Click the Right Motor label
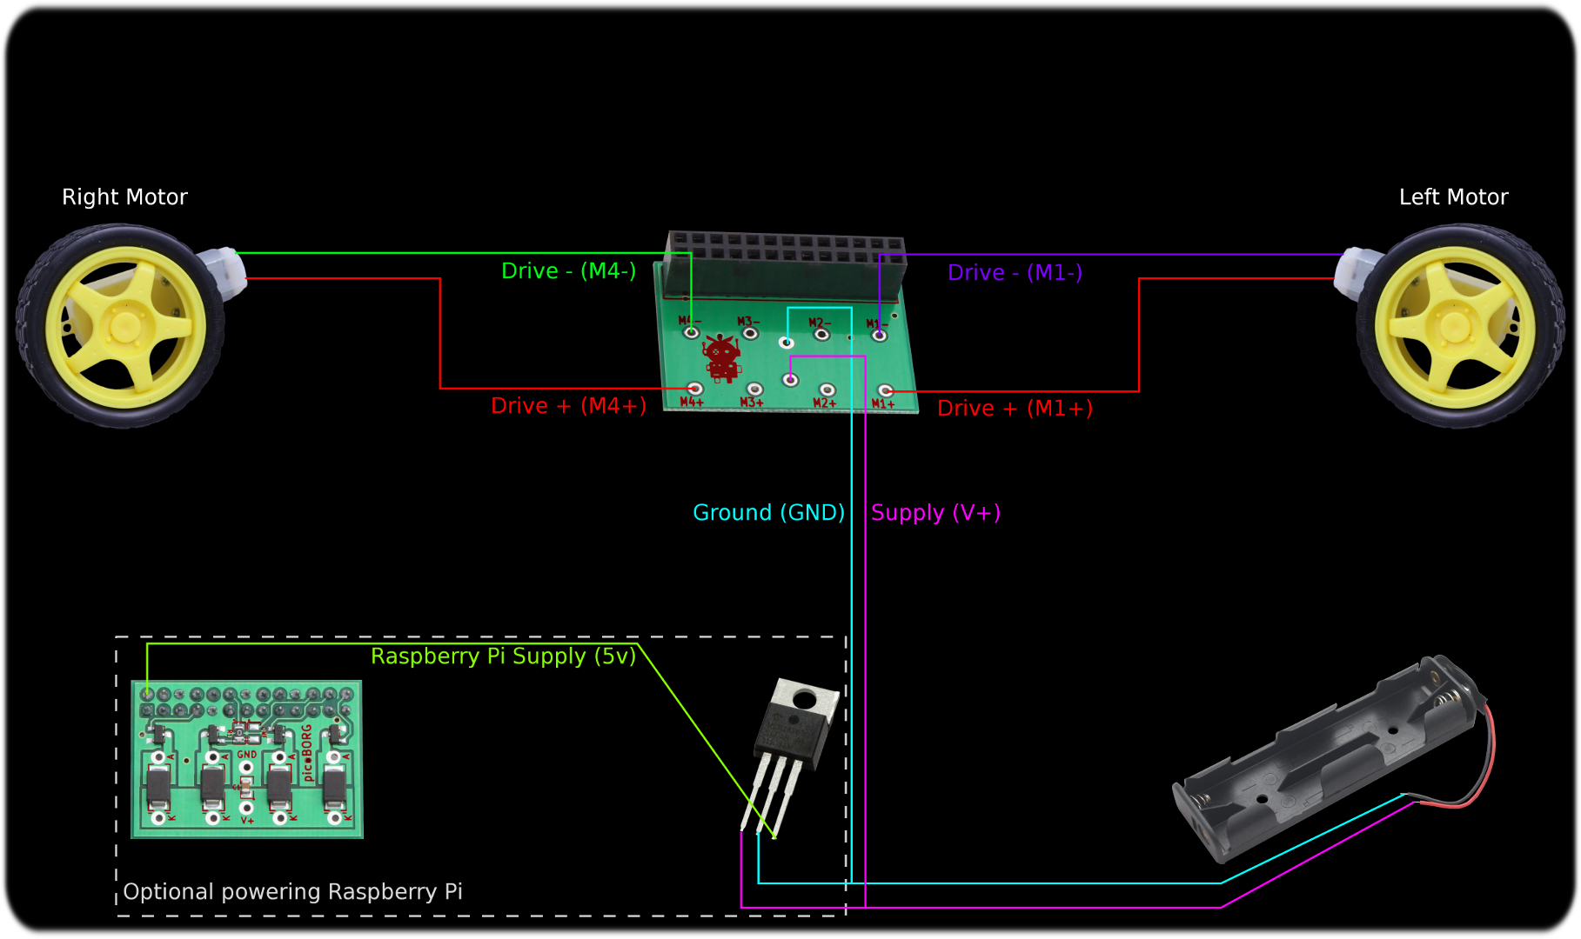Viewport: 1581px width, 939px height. click(x=124, y=197)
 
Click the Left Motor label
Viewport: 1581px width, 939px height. click(x=1453, y=197)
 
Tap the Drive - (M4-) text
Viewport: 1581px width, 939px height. click(x=568, y=271)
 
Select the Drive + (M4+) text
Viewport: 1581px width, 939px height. click(x=568, y=406)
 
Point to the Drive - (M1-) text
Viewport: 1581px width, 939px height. click(x=1015, y=273)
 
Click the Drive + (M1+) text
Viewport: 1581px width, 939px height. click(x=1015, y=409)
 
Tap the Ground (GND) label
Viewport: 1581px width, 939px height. click(x=768, y=513)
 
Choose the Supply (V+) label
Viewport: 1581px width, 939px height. click(x=935, y=513)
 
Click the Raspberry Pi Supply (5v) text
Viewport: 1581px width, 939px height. click(x=503, y=656)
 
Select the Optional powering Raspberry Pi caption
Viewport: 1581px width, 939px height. click(x=292, y=892)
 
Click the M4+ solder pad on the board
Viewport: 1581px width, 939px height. click(x=695, y=389)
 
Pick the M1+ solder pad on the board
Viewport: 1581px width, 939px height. click(x=885, y=391)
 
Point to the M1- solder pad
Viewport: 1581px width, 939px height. click(x=879, y=335)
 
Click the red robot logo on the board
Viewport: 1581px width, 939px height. click(x=721, y=357)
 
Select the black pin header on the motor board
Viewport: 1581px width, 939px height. click(x=786, y=257)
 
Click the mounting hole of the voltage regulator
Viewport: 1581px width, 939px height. click(x=803, y=698)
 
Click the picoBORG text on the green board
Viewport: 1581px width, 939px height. click(x=306, y=753)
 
